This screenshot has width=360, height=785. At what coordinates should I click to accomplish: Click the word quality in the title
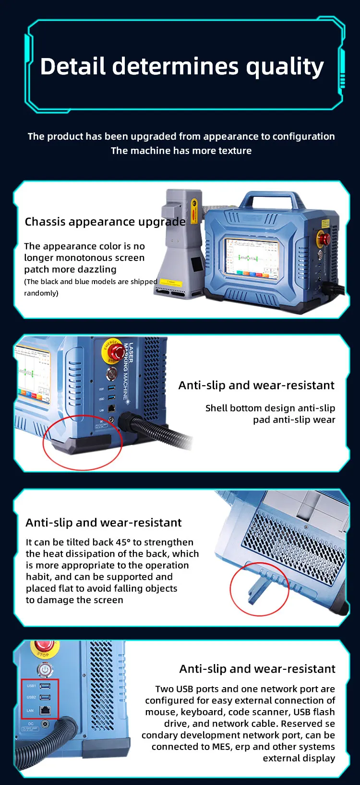(285, 67)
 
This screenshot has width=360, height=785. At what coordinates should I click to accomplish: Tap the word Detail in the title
(73, 66)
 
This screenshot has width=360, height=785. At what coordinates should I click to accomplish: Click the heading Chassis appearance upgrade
(105, 222)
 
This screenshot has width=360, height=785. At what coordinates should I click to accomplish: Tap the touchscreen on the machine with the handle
(252, 258)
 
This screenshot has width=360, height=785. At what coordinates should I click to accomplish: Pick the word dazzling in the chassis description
(94, 270)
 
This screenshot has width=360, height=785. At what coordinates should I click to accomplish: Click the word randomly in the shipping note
(41, 293)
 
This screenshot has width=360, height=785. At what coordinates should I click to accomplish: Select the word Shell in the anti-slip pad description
(214, 408)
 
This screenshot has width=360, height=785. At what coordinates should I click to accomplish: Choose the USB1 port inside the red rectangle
(45, 686)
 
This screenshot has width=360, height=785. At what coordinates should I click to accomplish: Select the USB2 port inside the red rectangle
(45, 697)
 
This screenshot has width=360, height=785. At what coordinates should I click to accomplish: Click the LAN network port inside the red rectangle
(45, 710)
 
